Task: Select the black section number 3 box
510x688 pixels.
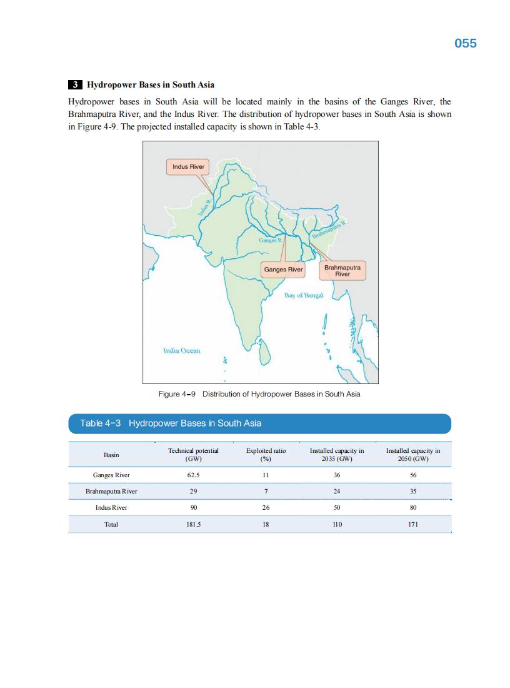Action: pos(74,84)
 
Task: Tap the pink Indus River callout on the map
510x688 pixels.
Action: pos(188,167)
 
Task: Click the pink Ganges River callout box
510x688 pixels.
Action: pos(283,270)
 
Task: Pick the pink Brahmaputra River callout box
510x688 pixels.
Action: pos(342,271)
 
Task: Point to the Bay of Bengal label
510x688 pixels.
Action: pos(303,295)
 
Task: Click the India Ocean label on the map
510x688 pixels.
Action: pos(181,351)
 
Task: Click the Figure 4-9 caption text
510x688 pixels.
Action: pos(259,394)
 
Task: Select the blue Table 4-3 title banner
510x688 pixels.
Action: pos(259,423)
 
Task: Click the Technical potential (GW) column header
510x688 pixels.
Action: pos(193,455)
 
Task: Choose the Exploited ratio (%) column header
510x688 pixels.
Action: pos(266,455)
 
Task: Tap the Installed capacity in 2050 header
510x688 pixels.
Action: pos(412,455)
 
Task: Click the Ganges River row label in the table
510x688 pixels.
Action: pos(111,475)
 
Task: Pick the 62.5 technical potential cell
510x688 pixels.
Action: pos(193,475)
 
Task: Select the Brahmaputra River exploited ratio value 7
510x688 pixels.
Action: pos(266,492)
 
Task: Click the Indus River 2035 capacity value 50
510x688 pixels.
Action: pos(337,508)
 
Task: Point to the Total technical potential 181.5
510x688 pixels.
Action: pos(193,525)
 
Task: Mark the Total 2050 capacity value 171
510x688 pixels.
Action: pos(412,525)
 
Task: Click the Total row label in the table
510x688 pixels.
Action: pos(111,525)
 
